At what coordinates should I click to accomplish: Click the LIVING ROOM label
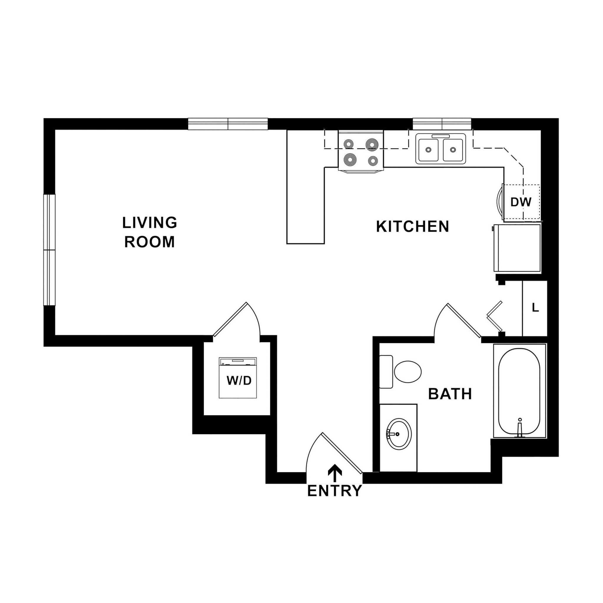tap(150, 232)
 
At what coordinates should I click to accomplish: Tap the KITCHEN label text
tap(412, 227)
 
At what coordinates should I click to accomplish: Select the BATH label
tap(450, 394)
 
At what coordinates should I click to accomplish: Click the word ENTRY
tap(334, 491)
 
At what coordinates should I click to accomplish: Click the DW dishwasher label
tap(521, 202)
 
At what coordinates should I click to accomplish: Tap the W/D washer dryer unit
tap(238, 378)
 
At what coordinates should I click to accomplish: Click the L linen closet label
tap(535, 308)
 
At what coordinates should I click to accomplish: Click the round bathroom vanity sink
tap(399, 434)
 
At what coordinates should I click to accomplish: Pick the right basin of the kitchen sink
tap(453, 150)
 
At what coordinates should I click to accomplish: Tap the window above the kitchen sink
tap(442, 124)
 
